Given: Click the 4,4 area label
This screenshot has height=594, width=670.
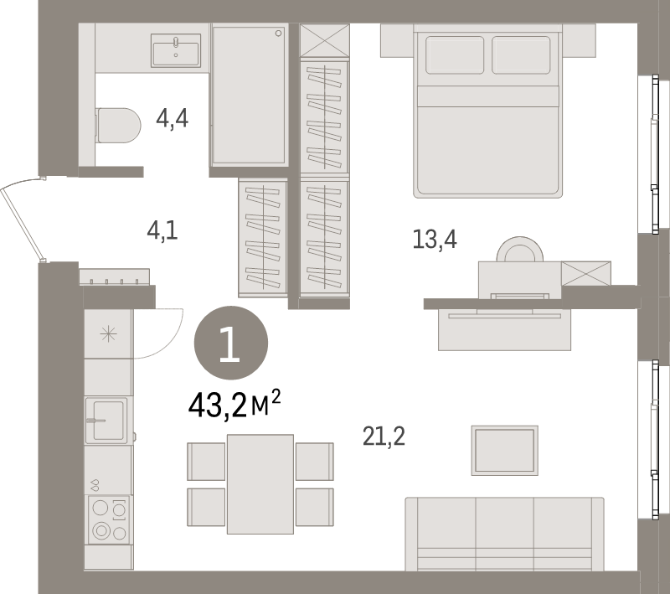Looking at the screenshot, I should coord(173,119).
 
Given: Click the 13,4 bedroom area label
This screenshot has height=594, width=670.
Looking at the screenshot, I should coord(434,240).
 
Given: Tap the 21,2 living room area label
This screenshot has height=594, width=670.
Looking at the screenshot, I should coord(384,436).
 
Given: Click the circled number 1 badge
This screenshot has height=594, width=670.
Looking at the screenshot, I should coord(230,344).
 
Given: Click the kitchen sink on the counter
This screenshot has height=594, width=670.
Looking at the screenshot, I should coord(106,419).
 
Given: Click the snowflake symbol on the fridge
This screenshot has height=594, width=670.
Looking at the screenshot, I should coord(108,334).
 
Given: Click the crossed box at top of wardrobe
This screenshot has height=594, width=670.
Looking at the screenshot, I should coord(323,41).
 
